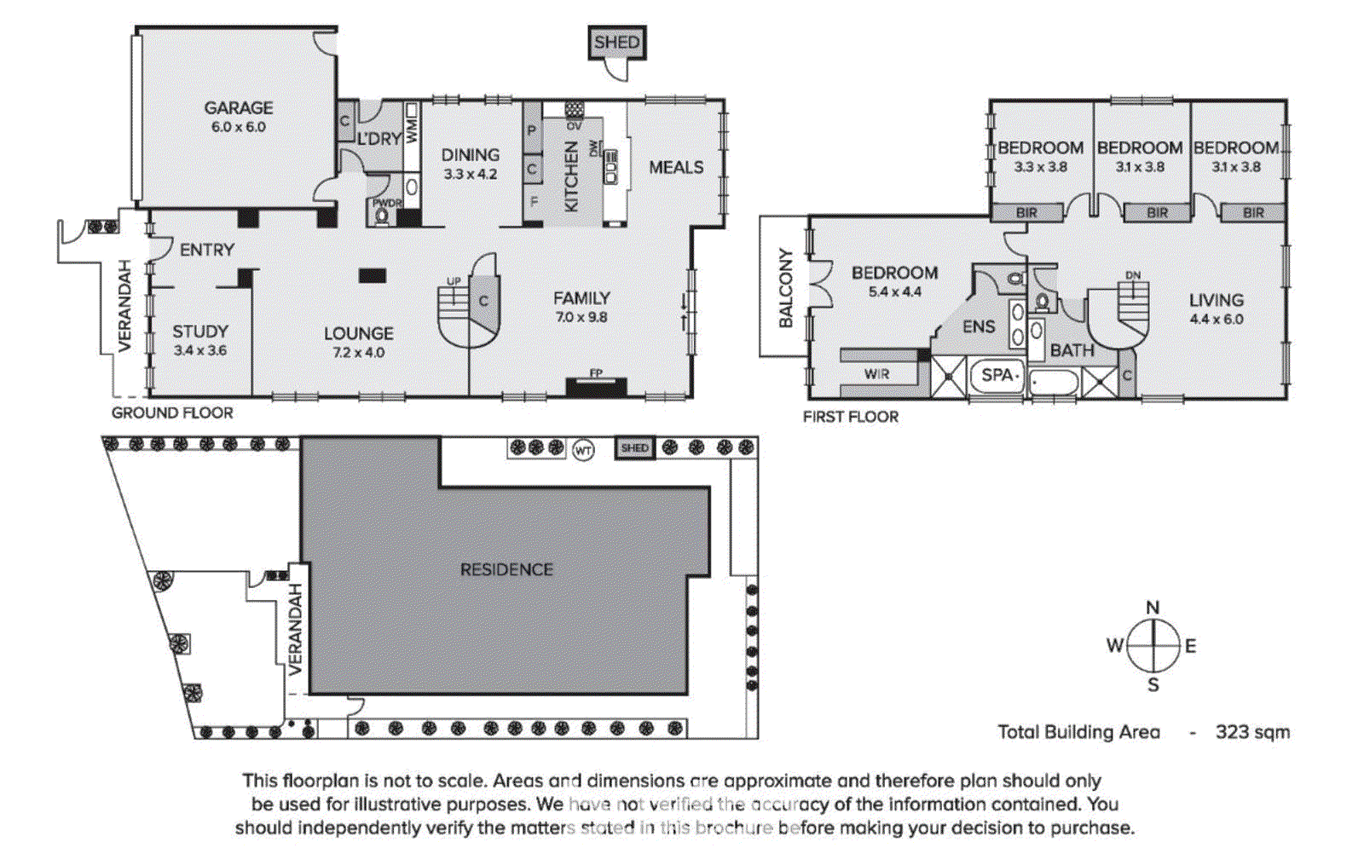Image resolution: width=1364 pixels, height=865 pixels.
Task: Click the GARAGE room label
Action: [x=238, y=108]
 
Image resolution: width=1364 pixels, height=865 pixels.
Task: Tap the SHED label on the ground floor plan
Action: [x=616, y=43]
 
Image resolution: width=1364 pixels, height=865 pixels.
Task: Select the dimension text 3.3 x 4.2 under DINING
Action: [x=470, y=174]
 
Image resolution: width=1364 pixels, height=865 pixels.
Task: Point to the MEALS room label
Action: [x=676, y=167]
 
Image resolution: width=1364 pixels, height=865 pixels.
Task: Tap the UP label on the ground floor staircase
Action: [x=454, y=281]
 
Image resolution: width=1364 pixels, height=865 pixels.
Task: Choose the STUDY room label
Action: [x=200, y=332]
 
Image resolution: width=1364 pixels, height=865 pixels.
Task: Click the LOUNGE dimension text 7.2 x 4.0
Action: [x=358, y=352]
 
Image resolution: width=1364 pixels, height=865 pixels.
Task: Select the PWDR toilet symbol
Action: [x=382, y=216]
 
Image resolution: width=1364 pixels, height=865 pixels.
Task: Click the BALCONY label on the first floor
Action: [x=785, y=288]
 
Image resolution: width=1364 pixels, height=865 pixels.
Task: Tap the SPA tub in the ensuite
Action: [x=997, y=375]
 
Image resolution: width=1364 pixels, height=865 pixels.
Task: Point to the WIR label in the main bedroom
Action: [x=876, y=374]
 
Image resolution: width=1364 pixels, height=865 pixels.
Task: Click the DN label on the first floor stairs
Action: [x=1132, y=275]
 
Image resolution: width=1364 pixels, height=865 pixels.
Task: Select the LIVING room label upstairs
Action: [x=1216, y=300]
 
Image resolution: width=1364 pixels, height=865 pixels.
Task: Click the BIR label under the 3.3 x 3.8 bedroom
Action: [x=1026, y=212]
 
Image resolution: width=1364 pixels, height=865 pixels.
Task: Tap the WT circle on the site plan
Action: [x=583, y=449]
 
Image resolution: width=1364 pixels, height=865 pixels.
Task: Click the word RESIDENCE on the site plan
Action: [x=506, y=569]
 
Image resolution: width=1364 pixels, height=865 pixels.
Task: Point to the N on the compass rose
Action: [x=1153, y=608]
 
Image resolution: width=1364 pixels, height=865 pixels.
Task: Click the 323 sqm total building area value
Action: [x=1251, y=732]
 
